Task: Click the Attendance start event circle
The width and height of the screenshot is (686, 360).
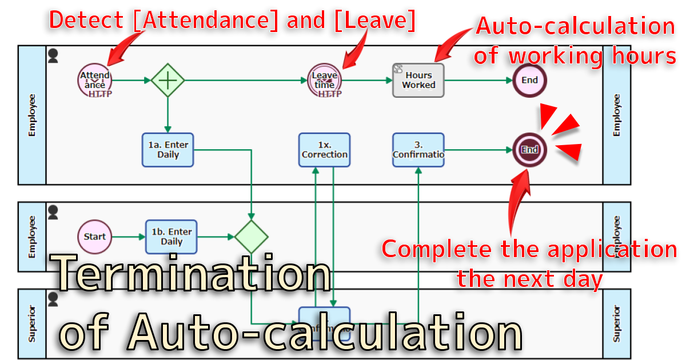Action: coord(95,80)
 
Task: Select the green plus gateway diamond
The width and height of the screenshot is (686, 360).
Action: coord(167,80)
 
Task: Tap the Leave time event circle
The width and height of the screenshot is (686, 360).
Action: coord(324,80)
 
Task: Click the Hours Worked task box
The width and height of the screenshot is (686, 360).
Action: coord(418,80)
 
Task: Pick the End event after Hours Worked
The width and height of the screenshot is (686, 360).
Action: coord(529,80)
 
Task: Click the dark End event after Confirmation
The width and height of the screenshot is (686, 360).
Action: coord(529,150)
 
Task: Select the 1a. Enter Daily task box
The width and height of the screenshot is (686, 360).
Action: coord(168,150)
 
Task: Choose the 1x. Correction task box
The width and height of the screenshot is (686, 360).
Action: coord(324,150)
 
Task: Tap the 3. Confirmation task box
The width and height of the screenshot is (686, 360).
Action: coord(418,150)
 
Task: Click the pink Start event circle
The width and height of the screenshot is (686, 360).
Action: coord(95,237)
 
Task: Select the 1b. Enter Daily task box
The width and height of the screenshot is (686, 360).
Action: coord(171,237)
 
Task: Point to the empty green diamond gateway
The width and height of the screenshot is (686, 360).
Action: coord(251,237)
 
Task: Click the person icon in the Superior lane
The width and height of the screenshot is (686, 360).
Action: coord(53,299)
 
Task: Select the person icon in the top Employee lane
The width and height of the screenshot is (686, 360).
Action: coord(53,55)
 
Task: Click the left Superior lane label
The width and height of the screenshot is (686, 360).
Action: coord(32,323)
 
